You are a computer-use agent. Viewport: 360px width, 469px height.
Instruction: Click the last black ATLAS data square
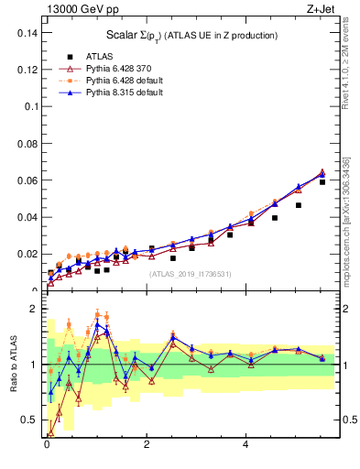click(322, 182)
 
